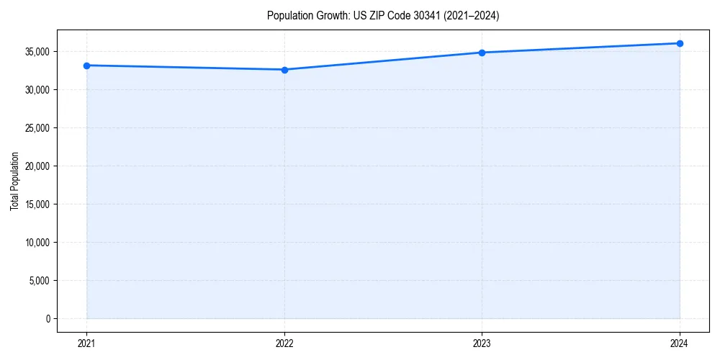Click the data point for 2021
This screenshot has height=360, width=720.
tap(86, 66)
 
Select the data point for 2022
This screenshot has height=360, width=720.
tap(284, 70)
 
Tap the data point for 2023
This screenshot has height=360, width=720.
tap(482, 53)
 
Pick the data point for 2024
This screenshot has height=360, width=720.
tap(680, 43)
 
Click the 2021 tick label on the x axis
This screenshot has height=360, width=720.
tap(86, 343)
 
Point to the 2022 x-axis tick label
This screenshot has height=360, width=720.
tap(284, 343)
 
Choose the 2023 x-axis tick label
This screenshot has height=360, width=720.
tap(482, 343)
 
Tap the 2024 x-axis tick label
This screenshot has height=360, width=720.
tap(680, 343)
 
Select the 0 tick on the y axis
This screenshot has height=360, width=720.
tap(48, 319)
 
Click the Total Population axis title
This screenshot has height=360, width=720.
tap(14, 181)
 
